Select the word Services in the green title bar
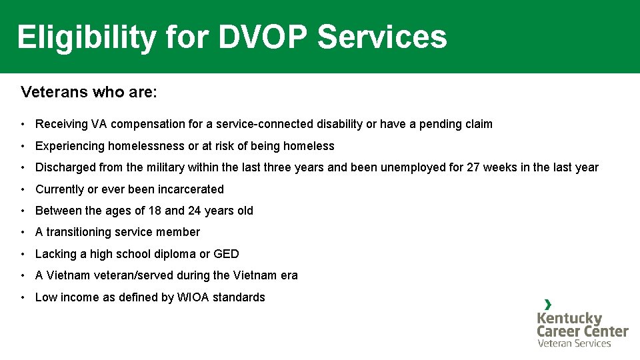(x=382, y=37)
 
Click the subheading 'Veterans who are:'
(x=89, y=92)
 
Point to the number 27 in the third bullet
(x=473, y=167)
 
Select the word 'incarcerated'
(x=189, y=189)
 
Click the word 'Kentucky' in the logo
(x=569, y=318)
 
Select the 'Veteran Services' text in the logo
(x=574, y=343)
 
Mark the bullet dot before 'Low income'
(x=23, y=297)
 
